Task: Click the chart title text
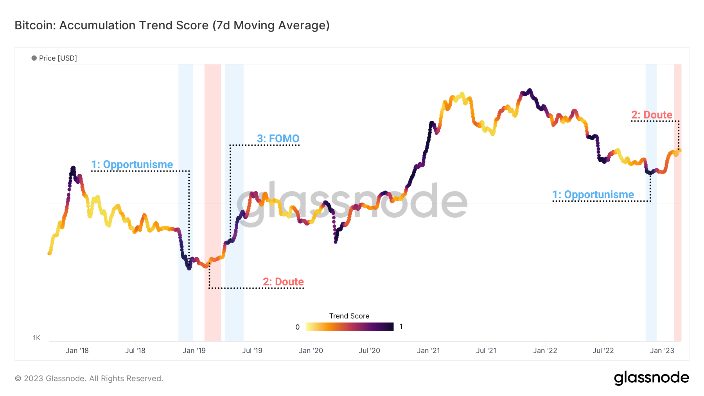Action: pyautogui.click(x=172, y=25)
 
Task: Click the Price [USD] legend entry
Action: pyautogui.click(x=54, y=58)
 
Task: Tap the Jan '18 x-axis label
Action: pyautogui.click(x=77, y=351)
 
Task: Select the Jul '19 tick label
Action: pyautogui.click(x=252, y=351)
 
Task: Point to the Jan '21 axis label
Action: pyautogui.click(x=428, y=351)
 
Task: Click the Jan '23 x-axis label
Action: pyautogui.click(x=662, y=351)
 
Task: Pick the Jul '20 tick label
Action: pyautogui.click(x=369, y=351)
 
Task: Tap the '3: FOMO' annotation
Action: pyautogui.click(x=278, y=139)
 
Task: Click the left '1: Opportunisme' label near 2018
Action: pyautogui.click(x=132, y=165)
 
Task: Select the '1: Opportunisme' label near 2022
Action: pyautogui.click(x=593, y=195)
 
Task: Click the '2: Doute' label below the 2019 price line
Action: pyautogui.click(x=283, y=282)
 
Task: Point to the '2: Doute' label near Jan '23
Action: pyautogui.click(x=652, y=115)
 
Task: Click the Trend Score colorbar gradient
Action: pyautogui.click(x=349, y=327)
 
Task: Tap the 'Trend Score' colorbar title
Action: pyautogui.click(x=349, y=316)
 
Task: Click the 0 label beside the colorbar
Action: pyautogui.click(x=298, y=327)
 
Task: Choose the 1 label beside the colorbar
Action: pyautogui.click(x=401, y=327)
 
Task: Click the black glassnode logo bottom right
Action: pyautogui.click(x=651, y=378)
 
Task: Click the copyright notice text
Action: pyautogui.click(x=89, y=378)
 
